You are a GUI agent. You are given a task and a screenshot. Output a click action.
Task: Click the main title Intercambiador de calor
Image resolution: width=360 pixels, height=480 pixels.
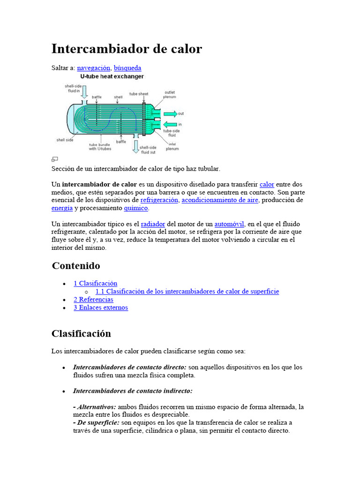click(127, 49)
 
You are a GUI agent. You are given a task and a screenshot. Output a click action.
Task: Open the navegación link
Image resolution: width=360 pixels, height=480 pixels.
click(93, 68)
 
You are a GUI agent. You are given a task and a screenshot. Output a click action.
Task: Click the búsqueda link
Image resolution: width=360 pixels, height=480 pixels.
click(127, 68)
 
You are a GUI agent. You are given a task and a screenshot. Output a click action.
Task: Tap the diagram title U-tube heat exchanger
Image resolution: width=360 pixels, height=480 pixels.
click(112, 76)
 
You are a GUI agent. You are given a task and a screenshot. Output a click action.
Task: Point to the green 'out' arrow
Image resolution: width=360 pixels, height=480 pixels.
click(170, 113)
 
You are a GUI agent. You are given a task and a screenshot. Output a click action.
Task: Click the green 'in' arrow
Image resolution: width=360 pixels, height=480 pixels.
click(170, 124)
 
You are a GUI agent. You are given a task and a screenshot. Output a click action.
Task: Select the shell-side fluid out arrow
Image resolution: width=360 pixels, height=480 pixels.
click(135, 146)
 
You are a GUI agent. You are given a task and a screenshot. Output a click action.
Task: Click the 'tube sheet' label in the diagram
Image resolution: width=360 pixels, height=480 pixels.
click(138, 93)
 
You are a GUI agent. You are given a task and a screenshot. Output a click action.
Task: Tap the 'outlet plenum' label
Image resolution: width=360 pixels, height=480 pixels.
click(169, 95)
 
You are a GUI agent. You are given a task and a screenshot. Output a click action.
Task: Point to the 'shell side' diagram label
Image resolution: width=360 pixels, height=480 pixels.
click(65, 140)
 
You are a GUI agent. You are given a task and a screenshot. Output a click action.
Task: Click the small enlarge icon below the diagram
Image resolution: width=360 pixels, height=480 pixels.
click(54, 159)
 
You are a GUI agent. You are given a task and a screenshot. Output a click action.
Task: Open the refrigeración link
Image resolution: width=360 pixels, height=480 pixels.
click(159, 200)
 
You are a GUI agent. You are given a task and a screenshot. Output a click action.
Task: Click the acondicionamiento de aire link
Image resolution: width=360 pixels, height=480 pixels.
click(220, 200)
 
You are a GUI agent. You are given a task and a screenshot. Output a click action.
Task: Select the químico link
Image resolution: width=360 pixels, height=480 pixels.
click(136, 208)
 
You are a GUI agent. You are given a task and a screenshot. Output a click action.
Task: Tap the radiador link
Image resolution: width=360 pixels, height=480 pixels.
click(153, 224)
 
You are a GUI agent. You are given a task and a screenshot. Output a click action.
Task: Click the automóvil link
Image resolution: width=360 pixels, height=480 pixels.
click(230, 224)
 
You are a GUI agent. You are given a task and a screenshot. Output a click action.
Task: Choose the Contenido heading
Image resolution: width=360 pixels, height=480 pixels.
click(76, 266)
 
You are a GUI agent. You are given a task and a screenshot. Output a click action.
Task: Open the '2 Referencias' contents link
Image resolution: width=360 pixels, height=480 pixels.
click(93, 300)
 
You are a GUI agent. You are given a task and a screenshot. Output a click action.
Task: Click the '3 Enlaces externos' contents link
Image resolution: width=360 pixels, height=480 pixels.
click(101, 307)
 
